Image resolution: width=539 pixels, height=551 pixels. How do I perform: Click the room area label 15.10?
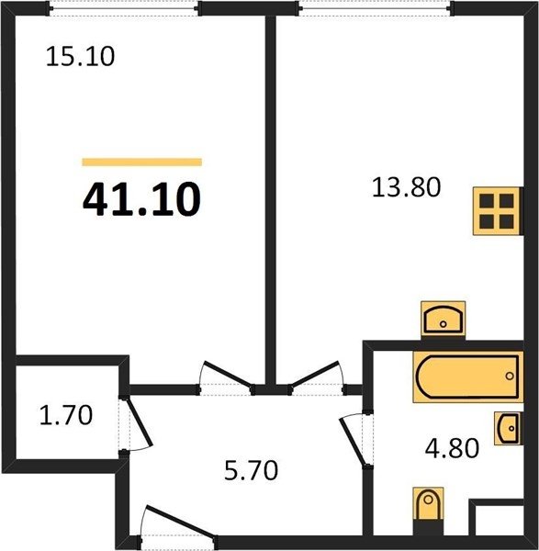[80, 57]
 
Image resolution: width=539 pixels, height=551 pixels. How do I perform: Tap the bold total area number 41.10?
[141, 199]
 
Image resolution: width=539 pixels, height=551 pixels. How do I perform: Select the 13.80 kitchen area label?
[406, 187]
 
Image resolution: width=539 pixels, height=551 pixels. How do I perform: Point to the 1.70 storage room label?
[66, 415]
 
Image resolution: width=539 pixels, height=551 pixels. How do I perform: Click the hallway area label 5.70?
[252, 470]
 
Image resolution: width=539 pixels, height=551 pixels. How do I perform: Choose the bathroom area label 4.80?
[452, 448]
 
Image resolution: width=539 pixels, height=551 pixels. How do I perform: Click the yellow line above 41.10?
[142, 162]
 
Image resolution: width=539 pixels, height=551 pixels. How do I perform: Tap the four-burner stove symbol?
[497, 211]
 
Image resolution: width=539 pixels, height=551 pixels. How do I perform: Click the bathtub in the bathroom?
[467, 377]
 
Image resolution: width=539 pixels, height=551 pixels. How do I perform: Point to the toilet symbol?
[428, 504]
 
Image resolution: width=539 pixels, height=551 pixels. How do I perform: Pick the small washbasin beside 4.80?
[508, 428]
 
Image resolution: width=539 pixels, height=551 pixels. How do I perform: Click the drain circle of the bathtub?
[510, 377]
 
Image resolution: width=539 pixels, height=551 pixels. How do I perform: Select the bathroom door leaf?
[352, 442]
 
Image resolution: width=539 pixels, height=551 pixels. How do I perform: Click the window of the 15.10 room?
[124, 8]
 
